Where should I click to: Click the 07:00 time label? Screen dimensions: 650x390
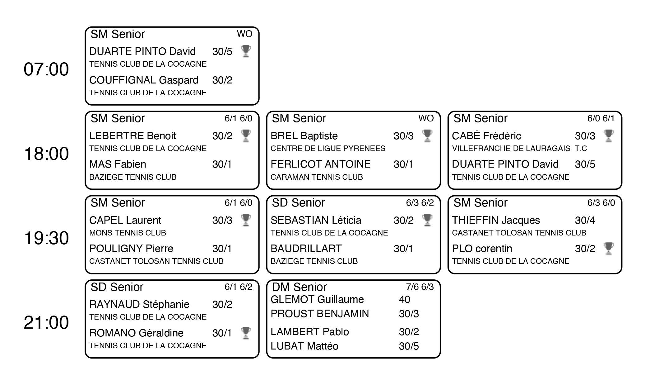46,69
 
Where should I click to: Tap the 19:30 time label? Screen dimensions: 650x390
46,238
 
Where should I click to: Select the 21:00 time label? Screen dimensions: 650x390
46,322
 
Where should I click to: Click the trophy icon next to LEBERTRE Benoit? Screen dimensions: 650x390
246,136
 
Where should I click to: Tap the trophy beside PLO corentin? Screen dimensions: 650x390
609,249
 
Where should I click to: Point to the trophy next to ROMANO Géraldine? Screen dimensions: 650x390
246,333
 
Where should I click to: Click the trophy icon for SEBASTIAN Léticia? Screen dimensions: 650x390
427,220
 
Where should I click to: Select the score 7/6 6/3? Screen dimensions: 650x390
420,287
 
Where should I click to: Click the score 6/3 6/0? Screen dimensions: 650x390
601,203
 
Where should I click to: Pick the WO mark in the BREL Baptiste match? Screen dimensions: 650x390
426,118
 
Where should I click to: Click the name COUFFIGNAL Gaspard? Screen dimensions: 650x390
144,80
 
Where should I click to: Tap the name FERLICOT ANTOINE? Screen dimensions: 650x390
320,164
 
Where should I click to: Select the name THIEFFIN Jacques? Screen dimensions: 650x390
496,221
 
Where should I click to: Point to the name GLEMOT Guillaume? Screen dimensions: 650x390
317,299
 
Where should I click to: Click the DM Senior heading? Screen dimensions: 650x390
299,287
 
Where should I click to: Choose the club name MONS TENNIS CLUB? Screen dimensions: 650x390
128,233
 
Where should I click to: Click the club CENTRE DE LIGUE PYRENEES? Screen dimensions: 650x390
328,149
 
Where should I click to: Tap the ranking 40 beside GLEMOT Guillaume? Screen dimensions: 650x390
405,299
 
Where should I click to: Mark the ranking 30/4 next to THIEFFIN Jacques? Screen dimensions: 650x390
585,221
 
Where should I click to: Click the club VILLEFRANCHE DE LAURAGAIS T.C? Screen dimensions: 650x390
519,149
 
